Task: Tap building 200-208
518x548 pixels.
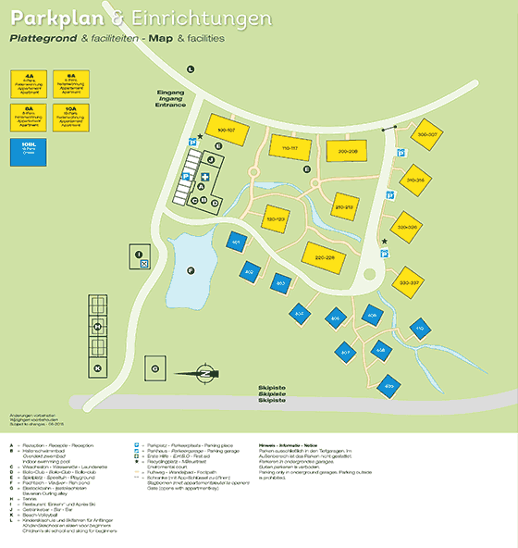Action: [347, 151]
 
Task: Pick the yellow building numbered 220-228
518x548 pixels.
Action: [324, 256]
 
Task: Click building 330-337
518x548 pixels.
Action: [410, 280]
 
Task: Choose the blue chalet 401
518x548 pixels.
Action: [236, 243]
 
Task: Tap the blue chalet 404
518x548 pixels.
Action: [299, 314]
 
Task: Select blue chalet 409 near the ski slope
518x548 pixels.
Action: [388, 384]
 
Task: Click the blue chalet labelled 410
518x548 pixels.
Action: [417, 329]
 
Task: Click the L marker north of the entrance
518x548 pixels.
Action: [191, 68]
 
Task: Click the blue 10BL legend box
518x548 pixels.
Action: [28, 148]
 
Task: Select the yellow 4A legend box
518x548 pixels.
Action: [30, 81]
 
